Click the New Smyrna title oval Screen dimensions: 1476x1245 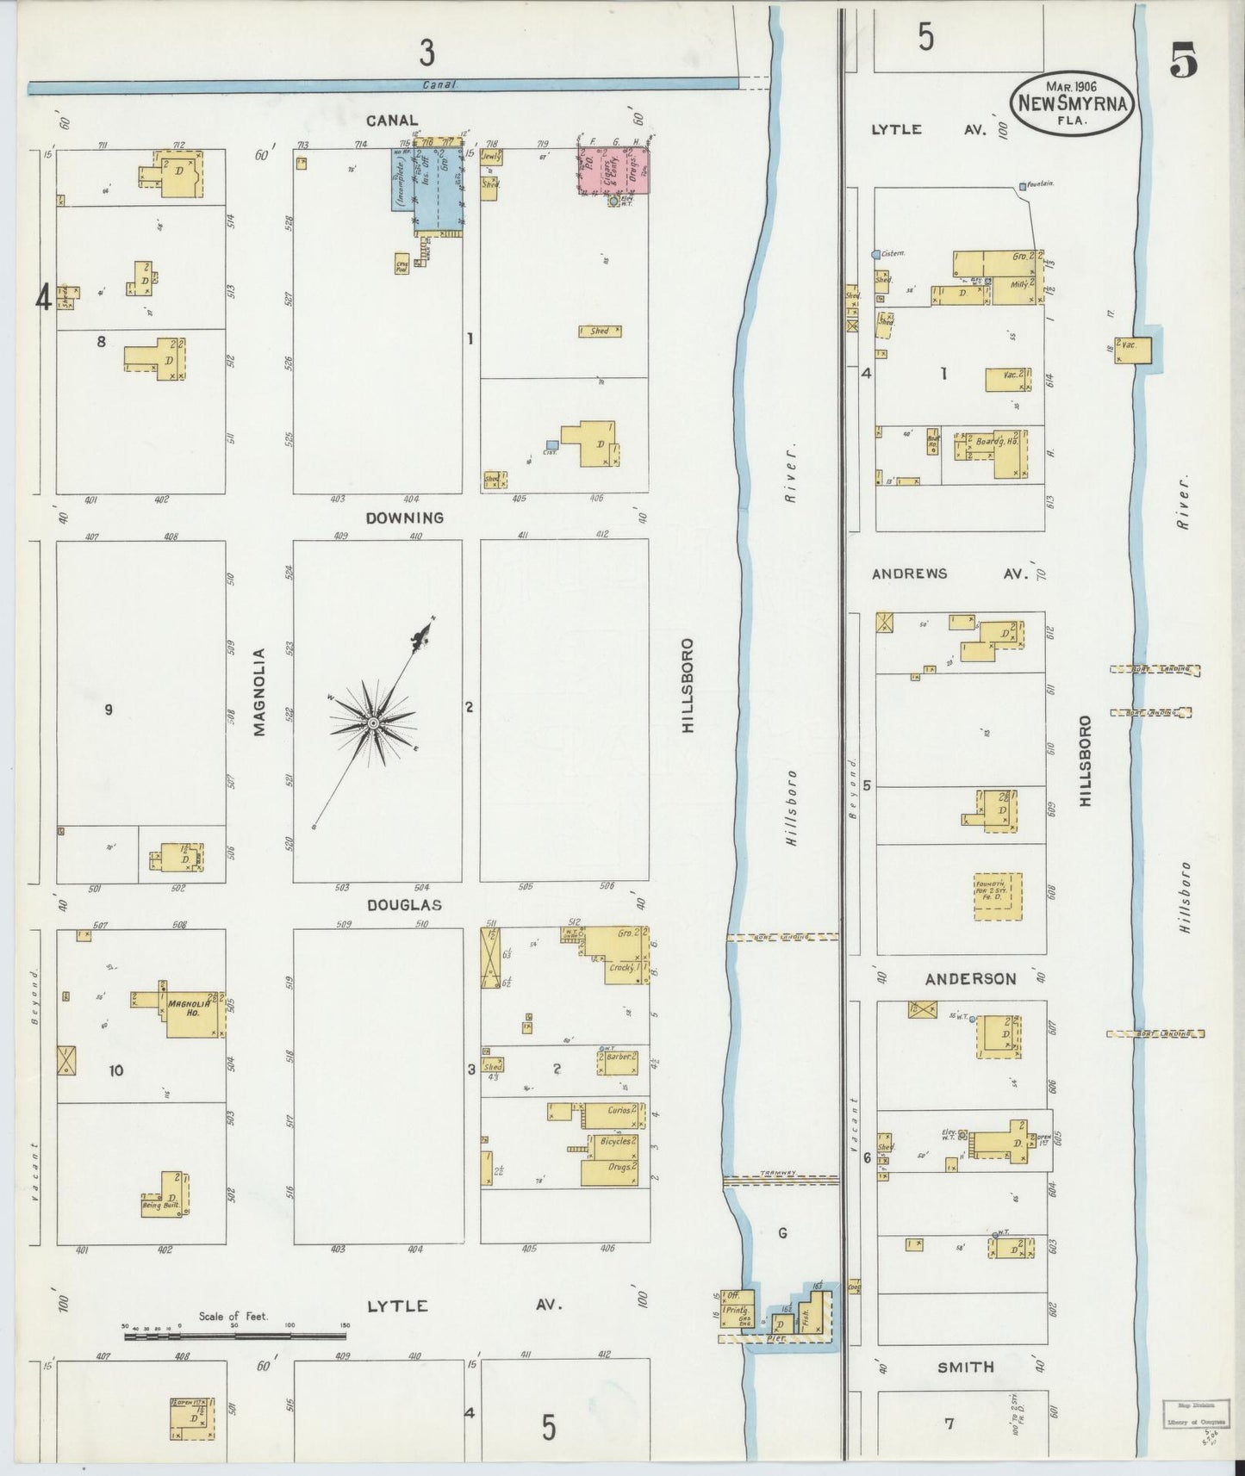click(x=1073, y=102)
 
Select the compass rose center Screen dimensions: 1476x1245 click(x=373, y=722)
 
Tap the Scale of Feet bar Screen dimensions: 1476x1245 click(x=235, y=1336)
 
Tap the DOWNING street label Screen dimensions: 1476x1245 click(x=404, y=518)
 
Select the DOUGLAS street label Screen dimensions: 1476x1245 click(x=404, y=905)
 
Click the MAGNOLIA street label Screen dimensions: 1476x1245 click(x=259, y=691)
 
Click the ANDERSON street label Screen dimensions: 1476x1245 click(x=970, y=978)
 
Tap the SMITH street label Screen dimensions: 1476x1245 click(x=965, y=1367)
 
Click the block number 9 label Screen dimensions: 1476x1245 click(x=109, y=710)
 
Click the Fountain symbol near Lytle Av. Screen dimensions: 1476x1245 click(x=1023, y=186)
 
